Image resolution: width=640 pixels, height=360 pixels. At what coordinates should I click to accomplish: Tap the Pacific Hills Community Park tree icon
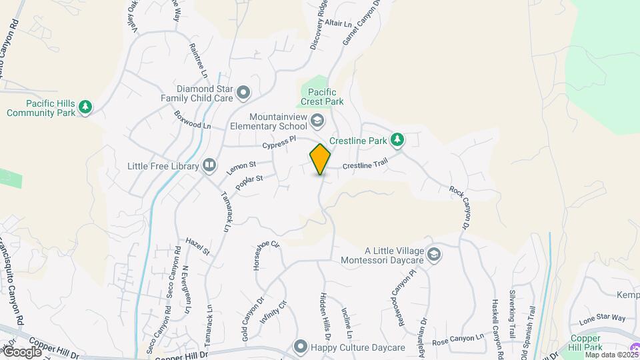point(85,107)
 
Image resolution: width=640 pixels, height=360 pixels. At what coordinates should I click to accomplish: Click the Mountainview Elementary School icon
point(317,121)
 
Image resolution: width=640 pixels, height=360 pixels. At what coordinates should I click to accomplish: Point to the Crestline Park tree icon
point(397,139)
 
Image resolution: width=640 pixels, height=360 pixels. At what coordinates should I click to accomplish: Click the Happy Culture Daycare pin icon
point(300,347)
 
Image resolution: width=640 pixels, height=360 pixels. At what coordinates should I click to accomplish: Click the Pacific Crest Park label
point(322,97)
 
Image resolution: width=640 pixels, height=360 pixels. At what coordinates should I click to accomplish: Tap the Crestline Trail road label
point(365,166)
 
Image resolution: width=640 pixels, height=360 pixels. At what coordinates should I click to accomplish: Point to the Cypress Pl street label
point(278,143)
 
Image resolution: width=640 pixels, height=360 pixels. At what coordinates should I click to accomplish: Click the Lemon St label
point(241,167)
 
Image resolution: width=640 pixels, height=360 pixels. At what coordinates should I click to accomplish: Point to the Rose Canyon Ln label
point(458,339)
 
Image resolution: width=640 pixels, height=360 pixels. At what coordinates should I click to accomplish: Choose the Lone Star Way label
point(603,319)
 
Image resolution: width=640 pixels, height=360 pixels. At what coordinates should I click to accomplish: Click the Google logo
point(22,351)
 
